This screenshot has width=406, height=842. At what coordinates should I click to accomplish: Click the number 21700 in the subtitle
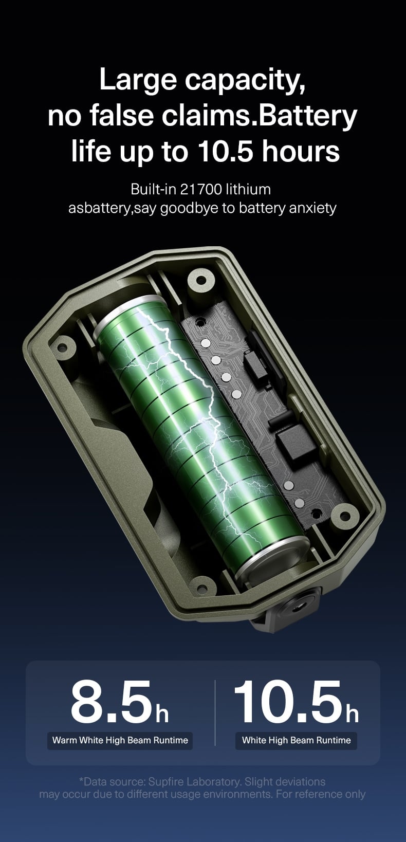pos(201,190)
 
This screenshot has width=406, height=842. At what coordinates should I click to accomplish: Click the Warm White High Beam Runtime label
pos(120,740)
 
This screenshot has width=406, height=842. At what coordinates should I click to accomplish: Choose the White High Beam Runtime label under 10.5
pos(296,740)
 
